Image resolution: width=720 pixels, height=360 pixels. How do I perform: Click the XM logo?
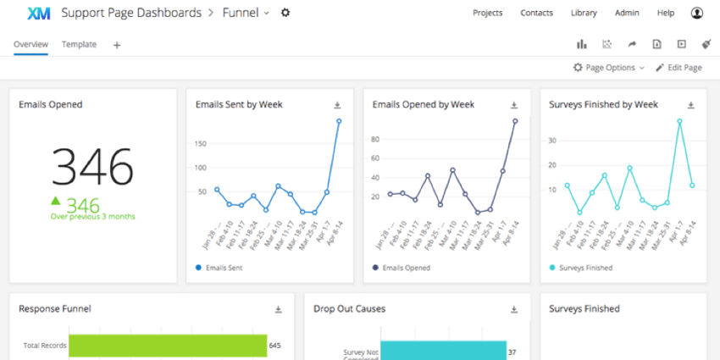38,13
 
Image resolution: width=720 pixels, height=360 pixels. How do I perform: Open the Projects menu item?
487,13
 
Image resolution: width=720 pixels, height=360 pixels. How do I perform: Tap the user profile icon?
696,13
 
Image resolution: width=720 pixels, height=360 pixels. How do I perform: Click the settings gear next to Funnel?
285,13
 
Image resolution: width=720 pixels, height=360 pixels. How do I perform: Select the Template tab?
79,44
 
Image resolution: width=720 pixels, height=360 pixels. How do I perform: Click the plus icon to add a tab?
117,45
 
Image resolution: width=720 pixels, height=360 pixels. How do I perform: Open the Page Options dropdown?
608,68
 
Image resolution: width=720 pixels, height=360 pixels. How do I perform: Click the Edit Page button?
678,68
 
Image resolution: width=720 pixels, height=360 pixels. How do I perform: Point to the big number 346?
92,166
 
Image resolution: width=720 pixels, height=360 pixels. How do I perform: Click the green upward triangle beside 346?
56,201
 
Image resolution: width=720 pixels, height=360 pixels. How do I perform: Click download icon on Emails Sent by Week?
337,105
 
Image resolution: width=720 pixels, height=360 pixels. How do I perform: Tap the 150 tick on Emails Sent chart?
201,143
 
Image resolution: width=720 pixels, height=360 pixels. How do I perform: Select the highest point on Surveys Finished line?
679,121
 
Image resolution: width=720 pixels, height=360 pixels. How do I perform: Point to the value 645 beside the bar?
274,346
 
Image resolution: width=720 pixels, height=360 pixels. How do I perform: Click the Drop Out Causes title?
349,309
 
